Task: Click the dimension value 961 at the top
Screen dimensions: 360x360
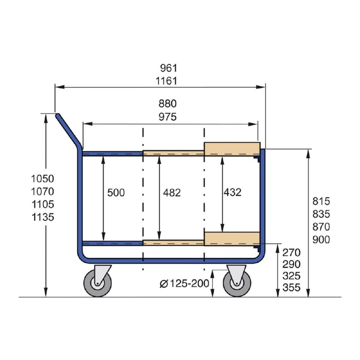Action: pyautogui.click(x=169, y=68)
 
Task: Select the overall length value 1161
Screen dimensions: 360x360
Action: pyautogui.click(x=166, y=81)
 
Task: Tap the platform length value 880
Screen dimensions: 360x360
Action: pyautogui.click(x=168, y=104)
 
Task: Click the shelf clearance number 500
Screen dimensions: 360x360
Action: pyautogui.click(x=116, y=193)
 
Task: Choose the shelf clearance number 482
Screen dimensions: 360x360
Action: pyautogui.click(x=172, y=193)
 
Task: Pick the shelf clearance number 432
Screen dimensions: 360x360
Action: pyautogui.click(x=232, y=193)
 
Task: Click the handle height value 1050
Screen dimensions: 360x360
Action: pyautogui.click(x=42, y=179)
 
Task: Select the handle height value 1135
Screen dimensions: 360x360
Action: pyautogui.click(x=42, y=217)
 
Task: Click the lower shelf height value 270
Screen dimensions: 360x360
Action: pyautogui.click(x=292, y=252)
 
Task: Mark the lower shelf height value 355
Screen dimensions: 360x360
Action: pyautogui.click(x=292, y=288)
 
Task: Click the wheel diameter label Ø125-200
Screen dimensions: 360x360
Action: pyautogui.click(x=184, y=284)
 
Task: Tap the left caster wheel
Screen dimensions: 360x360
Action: pyautogui.click(x=97, y=284)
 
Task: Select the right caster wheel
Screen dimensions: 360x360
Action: pyautogui.click(x=237, y=284)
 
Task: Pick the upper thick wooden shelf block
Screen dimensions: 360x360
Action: pyautogui.click(x=232, y=149)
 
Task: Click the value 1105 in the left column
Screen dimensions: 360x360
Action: pyautogui.click(x=42, y=204)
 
